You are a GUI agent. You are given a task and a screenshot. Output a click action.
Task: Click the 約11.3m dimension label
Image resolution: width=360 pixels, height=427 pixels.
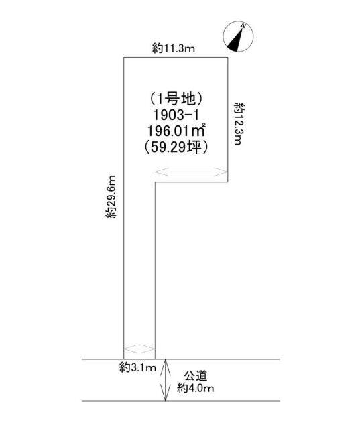click(x=174, y=49)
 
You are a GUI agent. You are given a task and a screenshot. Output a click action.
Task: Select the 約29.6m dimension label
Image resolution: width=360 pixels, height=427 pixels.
click(x=111, y=196)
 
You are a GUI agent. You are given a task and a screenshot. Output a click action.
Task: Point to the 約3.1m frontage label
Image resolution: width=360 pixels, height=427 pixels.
click(x=137, y=368)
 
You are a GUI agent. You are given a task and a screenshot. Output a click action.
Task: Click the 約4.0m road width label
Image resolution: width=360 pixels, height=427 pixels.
click(x=196, y=387)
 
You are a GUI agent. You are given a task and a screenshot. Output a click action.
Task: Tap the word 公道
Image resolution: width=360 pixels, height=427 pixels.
click(x=196, y=376)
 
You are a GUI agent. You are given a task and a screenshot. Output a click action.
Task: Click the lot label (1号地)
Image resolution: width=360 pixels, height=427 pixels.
click(x=176, y=99)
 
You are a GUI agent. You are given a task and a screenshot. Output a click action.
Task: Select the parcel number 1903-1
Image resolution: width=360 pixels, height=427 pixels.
click(x=176, y=115)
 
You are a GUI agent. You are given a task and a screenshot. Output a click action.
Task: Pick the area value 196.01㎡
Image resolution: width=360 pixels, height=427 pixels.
click(x=176, y=131)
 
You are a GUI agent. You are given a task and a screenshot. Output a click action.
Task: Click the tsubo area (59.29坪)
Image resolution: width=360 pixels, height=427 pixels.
click(x=176, y=147)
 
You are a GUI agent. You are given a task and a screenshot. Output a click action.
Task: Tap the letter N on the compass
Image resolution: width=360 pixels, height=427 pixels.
click(x=244, y=26)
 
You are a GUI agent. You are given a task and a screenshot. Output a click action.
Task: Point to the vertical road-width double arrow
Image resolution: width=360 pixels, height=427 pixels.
click(x=166, y=380)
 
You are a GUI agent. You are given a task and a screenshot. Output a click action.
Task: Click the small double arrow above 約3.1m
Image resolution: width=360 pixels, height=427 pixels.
click(x=139, y=349)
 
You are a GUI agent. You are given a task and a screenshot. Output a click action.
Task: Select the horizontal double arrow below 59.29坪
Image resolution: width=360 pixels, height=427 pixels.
click(x=191, y=172)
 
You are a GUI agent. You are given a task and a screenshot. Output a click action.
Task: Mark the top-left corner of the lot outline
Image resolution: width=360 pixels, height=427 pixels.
click(x=124, y=57)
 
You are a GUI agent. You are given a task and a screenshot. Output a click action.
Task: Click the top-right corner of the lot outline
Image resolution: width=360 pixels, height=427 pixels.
click(x=228, y=57)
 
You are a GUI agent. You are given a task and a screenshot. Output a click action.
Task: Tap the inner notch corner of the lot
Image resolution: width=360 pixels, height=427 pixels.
click(x=156, y=182)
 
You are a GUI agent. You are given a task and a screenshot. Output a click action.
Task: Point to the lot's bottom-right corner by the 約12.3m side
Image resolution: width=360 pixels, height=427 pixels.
click(x=228, y=182)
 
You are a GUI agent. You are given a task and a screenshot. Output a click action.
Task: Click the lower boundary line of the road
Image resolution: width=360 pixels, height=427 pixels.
click(x=181, y=401)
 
